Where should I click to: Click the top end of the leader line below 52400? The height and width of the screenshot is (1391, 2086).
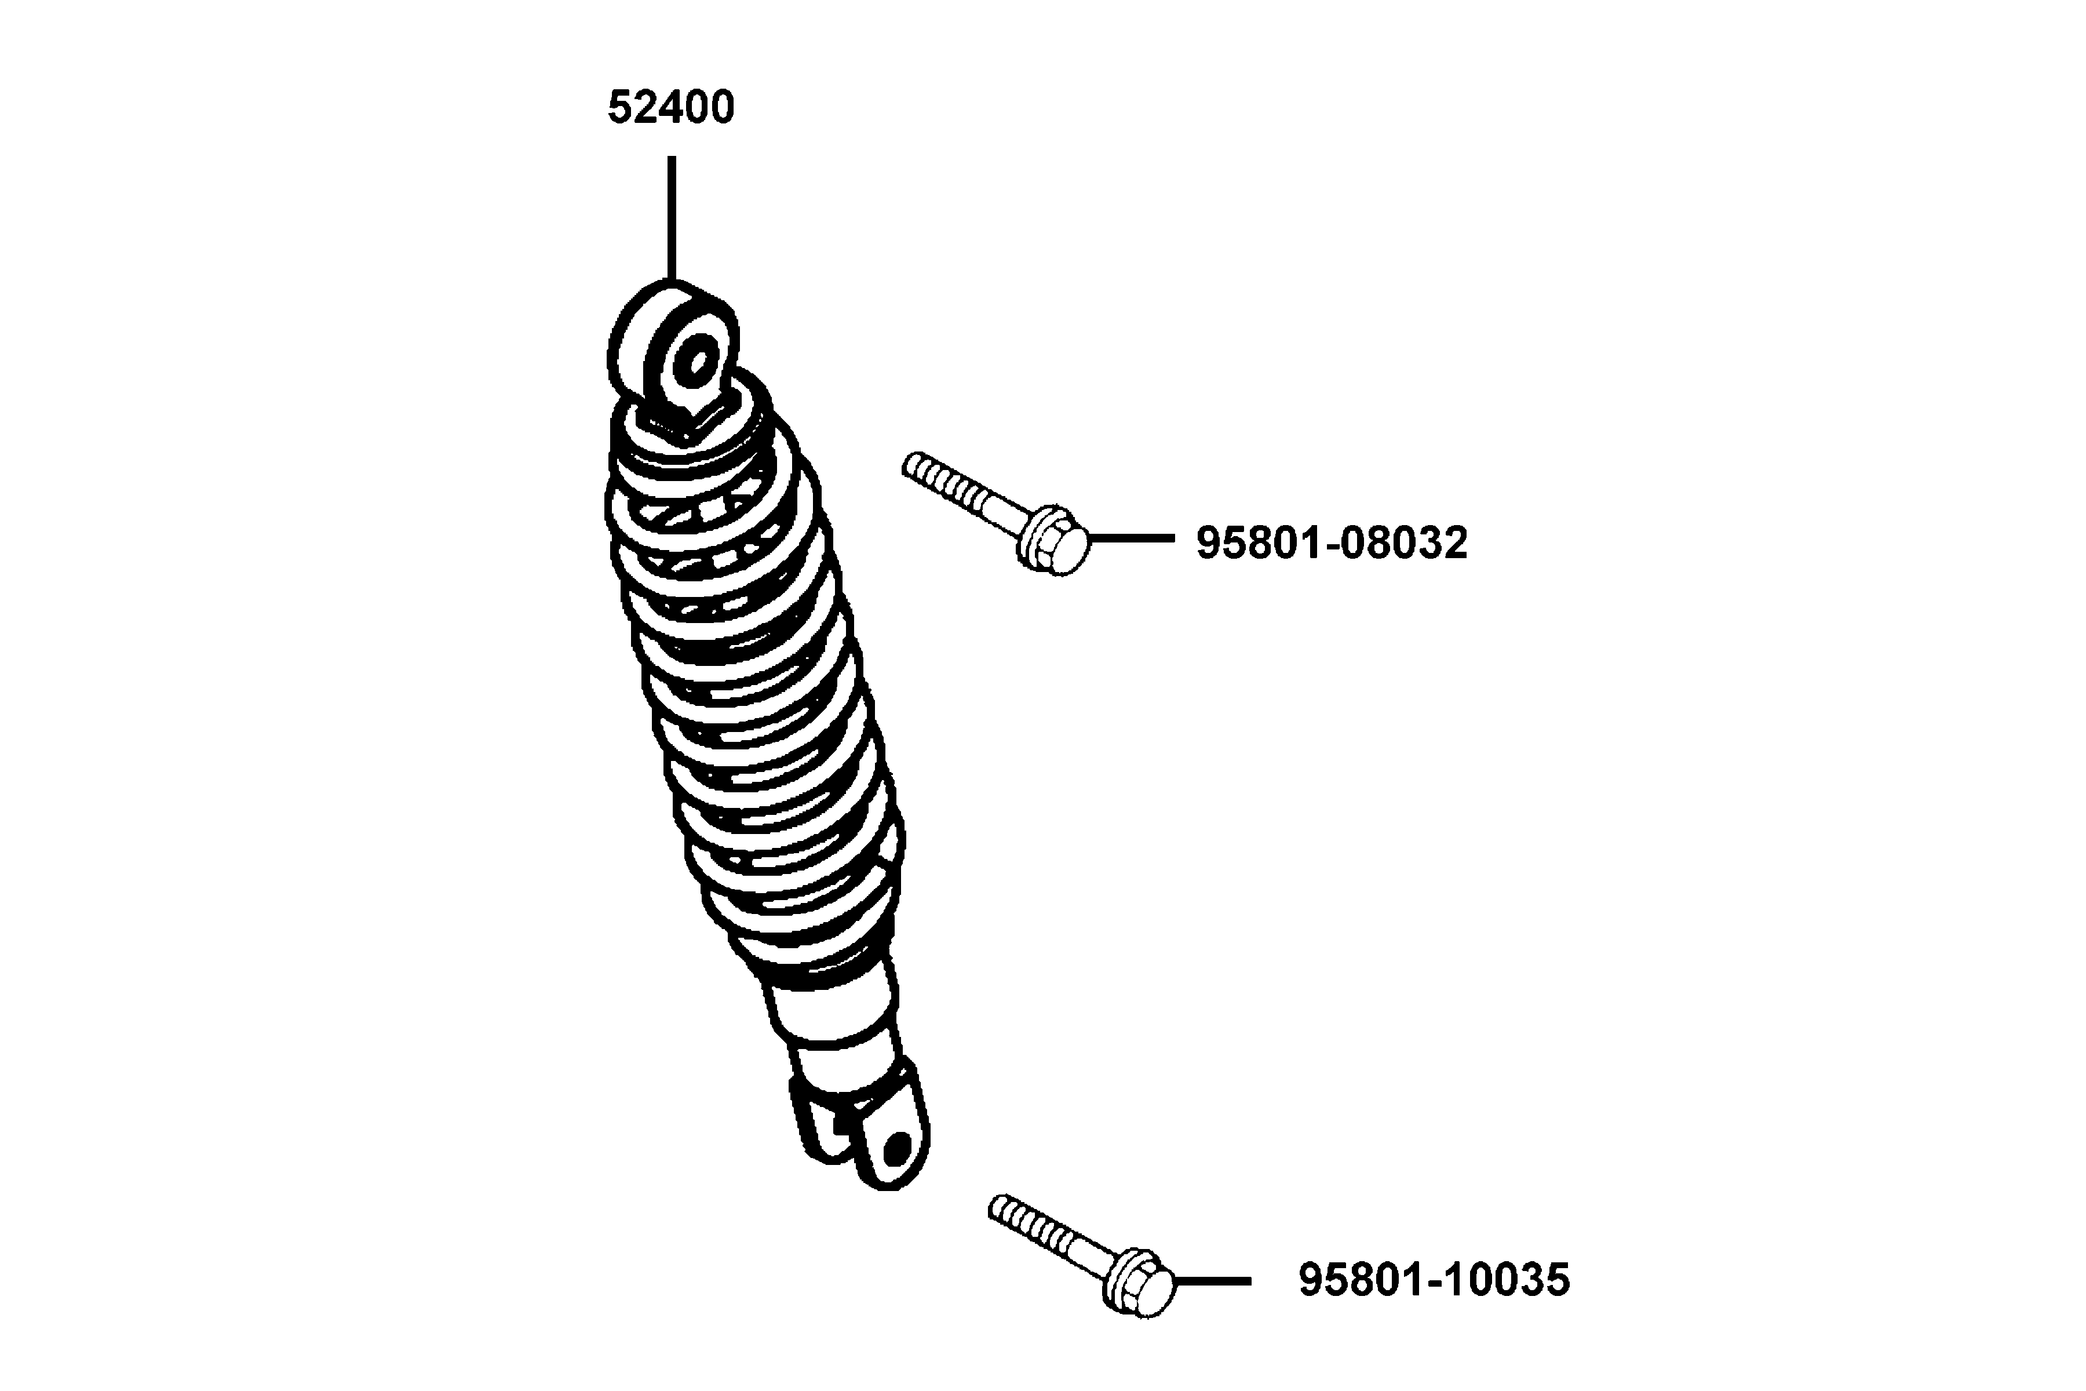point(672,158)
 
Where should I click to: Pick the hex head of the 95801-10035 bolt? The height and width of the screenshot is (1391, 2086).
point(1140,1283)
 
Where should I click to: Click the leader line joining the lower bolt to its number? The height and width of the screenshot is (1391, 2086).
point(1212,1281)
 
